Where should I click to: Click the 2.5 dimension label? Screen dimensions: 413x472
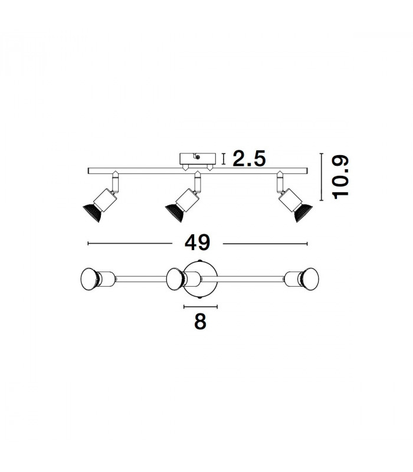pyautogui.click(x=249, y=159)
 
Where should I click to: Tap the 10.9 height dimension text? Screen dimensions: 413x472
pyautogui.click(x=340, y=177)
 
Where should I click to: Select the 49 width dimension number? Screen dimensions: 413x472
pyautogui.click(x=197, y=243)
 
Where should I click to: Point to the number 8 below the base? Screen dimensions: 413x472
pyautogui.click(x=200, y=322)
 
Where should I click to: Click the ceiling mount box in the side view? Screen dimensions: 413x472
pyautogui.click(x=198, y=159)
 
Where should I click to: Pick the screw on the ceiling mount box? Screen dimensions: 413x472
pyautogui.click(x=198, y=156)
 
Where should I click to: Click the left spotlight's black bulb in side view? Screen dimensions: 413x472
pyautogui.click(x=92, y=213)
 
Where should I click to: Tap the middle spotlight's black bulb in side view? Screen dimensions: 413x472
pyautogui.click(x=175, y=213)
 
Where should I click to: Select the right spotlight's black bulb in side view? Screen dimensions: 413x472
pyautogui.click(x=303, y=213)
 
